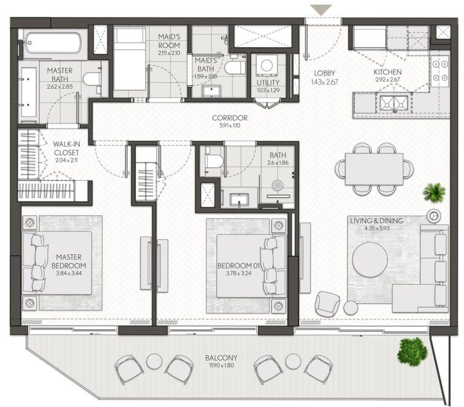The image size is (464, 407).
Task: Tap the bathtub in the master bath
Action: tap(53, 43)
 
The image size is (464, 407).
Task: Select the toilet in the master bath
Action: tap(92, 79)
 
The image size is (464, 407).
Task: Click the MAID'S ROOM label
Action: tap(169, 41)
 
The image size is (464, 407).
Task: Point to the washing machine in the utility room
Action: tap(267, 66)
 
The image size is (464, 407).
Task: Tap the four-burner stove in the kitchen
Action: tap(440, 71)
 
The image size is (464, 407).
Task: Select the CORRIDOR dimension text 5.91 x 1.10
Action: tap(230, 126)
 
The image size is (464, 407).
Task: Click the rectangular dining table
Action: tap(375, 169)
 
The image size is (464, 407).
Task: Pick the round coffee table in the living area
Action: tap(370, 260)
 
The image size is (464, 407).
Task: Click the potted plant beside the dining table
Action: tap(434, 192)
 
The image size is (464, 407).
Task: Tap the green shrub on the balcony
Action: tap(413, 351)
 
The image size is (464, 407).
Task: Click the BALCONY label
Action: tap(221, 357)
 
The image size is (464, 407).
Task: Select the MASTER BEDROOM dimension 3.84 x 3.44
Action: tap(69, 274)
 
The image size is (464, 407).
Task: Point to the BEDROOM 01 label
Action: tap(239, 266)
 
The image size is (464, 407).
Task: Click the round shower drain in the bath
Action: tap(277, 185)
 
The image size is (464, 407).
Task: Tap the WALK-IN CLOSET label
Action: tap(66, 148)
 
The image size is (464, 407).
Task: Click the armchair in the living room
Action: tap(327, 304)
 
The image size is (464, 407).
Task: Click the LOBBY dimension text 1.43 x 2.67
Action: tap(324, 82)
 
